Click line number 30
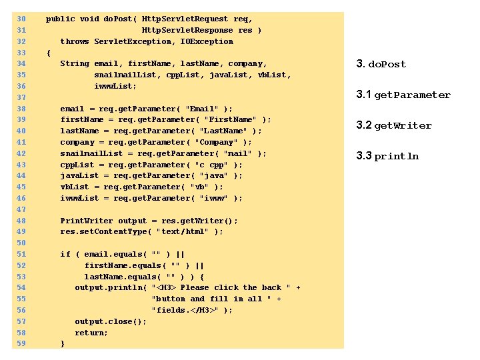click(x=21, y=19)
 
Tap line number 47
click(x=21, y=209)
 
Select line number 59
click(x=21, y=343)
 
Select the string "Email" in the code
click(x=201, y=109)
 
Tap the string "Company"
click(x=215, y=142)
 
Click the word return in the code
click(x=91, y=333)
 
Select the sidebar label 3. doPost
click(x=381, y=64)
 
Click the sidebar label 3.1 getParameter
click(x=403, y=95)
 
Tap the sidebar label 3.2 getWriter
click(x=393, y=125)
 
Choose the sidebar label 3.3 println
click(x=387, y=156)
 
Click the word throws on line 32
click(x=75, y=41)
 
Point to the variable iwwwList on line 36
click(x=115, y=86)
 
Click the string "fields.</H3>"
click(x=187, y=310)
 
